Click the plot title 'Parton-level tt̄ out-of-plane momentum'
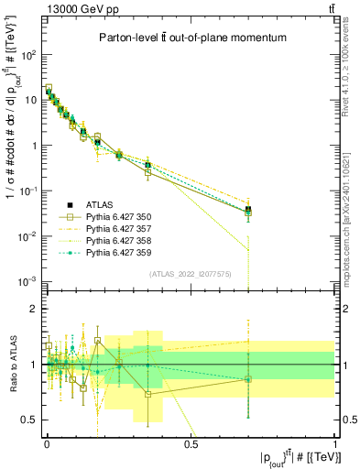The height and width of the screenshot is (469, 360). (190, 38)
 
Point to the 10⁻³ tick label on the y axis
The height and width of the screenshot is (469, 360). (28, 281)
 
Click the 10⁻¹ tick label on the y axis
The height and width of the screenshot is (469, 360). (28, 191)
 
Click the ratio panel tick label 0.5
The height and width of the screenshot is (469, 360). (30, 420)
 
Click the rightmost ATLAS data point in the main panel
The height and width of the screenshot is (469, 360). (248, 210)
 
